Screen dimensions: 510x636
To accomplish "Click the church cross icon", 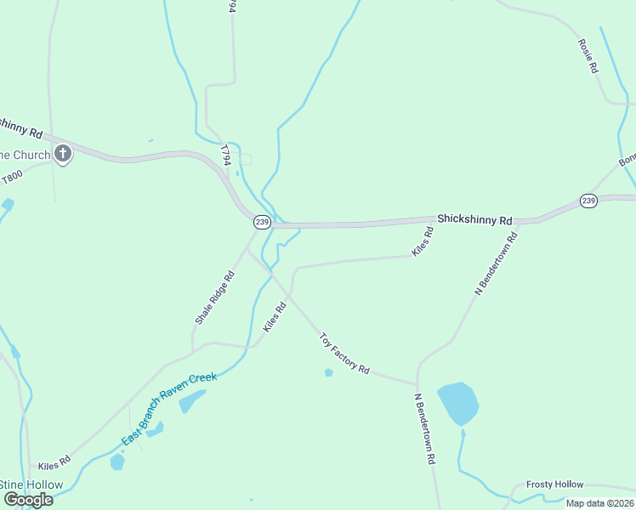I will tap(62, 154).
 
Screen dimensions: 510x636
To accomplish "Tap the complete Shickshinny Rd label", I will tap(474, 219).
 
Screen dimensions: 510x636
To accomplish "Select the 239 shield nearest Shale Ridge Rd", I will tap(262, 222).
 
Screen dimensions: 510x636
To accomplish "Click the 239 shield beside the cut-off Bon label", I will tap(589, 201).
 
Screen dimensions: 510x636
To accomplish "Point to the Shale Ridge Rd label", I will tap(214, 297).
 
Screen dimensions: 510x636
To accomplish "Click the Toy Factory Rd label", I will tap(344, 354).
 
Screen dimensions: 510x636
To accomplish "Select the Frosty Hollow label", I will tap(554, 484).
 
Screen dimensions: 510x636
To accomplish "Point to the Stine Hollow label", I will tap(31, 485).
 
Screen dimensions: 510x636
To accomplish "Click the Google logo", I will tap(27, 500).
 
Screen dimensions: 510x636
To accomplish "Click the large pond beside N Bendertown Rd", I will tap(458, 404).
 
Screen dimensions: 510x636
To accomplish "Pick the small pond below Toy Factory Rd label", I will tap(328, 372).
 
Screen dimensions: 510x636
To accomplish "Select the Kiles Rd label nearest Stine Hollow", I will tap(54, 466).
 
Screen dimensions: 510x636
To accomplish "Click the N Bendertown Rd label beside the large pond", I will tap(425, 428).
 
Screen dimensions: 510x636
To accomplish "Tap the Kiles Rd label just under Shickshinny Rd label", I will tap(423, 242).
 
